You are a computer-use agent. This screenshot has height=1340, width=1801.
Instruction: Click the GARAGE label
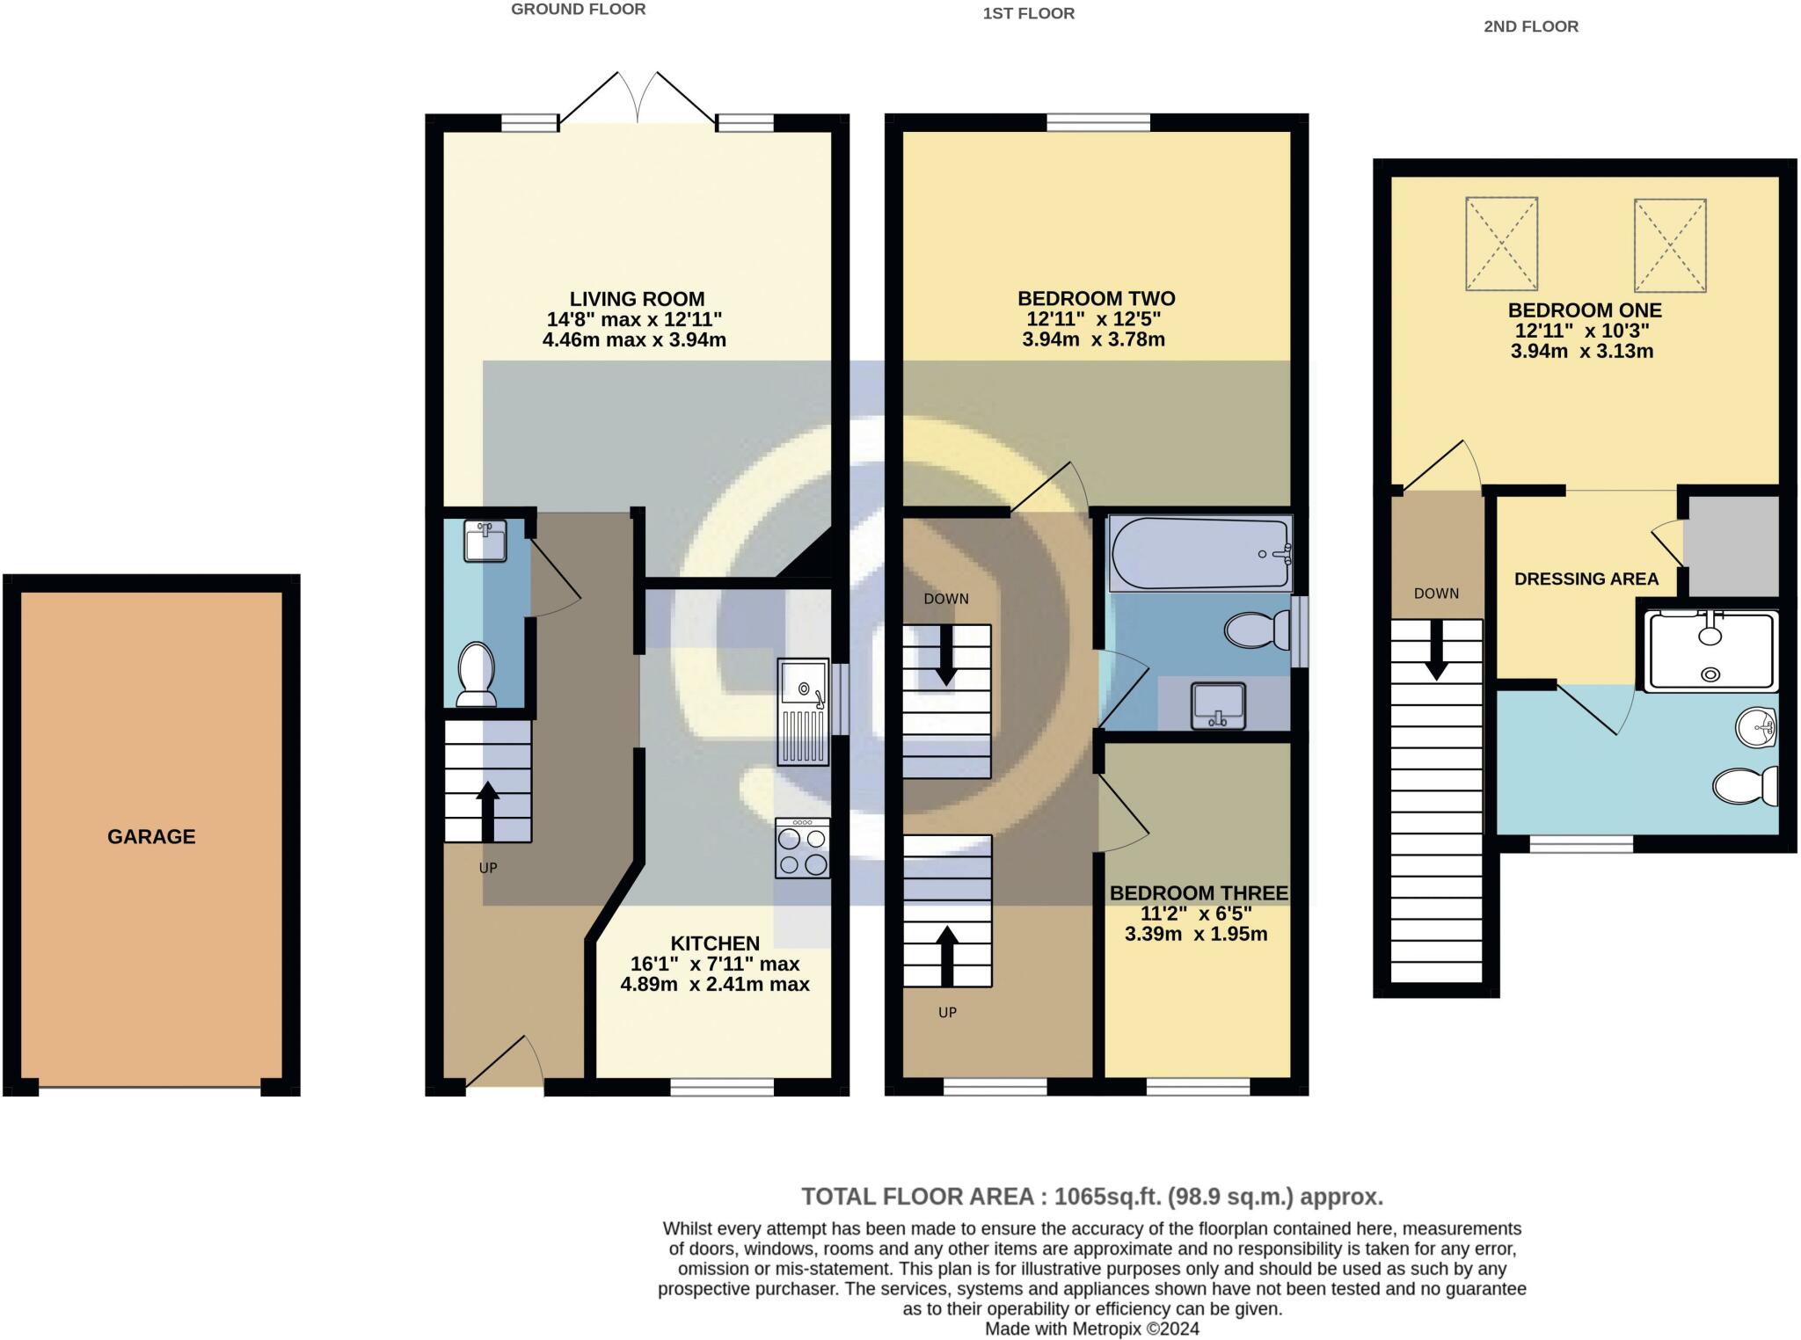coord(151,836)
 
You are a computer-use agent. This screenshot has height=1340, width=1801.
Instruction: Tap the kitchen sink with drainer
coord(803,712)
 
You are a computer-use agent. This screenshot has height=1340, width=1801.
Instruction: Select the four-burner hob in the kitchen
coord(802,848)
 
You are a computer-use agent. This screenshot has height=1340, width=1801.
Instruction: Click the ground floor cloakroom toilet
coord(477,674)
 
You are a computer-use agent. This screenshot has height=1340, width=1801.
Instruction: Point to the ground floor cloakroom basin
coord(485,541)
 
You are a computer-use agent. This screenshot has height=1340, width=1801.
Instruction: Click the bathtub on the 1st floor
coord(1200,553)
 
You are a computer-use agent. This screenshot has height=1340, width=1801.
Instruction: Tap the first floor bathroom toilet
coord(1258,630)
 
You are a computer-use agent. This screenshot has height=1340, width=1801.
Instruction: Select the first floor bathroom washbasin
coord(1218,706)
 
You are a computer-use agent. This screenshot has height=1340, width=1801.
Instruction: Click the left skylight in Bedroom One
coord(1501,244)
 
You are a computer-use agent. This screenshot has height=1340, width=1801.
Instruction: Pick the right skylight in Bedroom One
coord(1670,244)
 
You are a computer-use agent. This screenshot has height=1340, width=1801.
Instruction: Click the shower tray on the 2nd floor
coord(1710,650)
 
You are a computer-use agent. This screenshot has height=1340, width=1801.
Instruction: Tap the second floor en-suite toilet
coord(1746,786)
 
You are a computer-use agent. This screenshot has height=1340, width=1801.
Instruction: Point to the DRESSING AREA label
coord(1586,579)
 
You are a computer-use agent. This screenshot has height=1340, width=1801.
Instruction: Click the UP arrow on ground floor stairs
coord(487,812)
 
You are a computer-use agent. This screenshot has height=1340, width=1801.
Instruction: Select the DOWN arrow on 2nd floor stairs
coord(1437,651)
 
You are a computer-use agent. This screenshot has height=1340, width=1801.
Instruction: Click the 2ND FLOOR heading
coord(1531,26)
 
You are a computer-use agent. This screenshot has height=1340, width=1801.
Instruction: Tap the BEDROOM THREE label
coord(1199,893)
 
